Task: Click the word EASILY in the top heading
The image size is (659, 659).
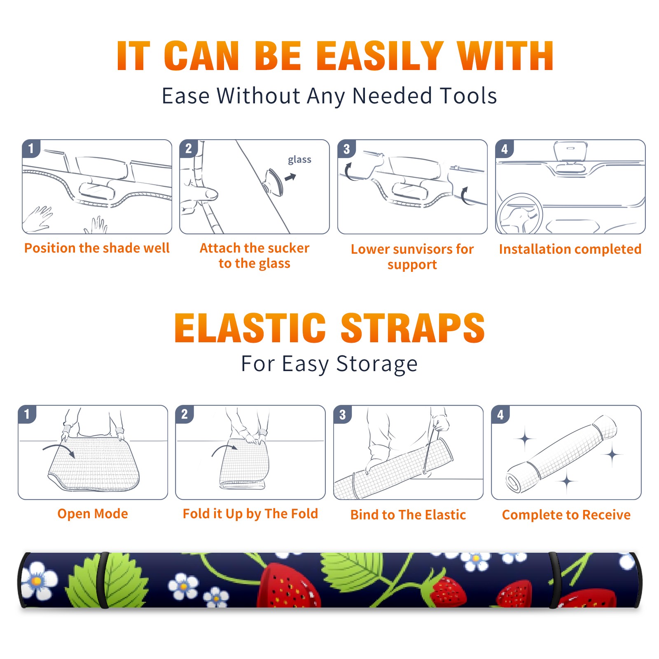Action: [380, 56]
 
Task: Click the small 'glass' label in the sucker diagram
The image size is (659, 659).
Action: [299, 160]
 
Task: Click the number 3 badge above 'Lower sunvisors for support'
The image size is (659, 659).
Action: [346, 149]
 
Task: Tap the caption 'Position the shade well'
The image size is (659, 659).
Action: [97, 248]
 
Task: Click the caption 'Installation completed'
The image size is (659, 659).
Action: [570, 249]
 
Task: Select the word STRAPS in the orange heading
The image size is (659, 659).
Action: [413, 328]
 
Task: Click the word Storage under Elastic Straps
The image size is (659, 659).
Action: [377, 365]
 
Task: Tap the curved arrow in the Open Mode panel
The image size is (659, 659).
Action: [59, 450]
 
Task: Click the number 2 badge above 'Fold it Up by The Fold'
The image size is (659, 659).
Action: [184, 414]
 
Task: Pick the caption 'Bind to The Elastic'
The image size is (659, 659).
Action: [408, 515]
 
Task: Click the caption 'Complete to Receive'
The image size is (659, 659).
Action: [566, 515]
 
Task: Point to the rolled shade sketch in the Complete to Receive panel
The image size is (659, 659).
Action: [561, 454]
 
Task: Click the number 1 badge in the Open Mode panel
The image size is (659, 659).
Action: [27, 414]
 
